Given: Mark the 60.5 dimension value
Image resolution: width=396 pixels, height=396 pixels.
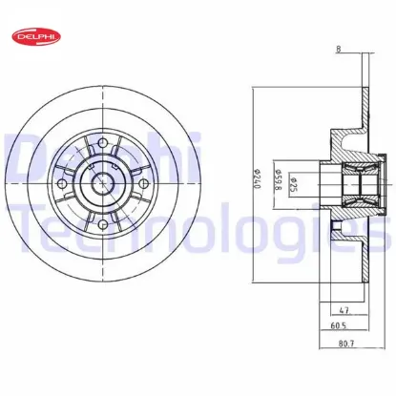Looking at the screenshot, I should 336,325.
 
